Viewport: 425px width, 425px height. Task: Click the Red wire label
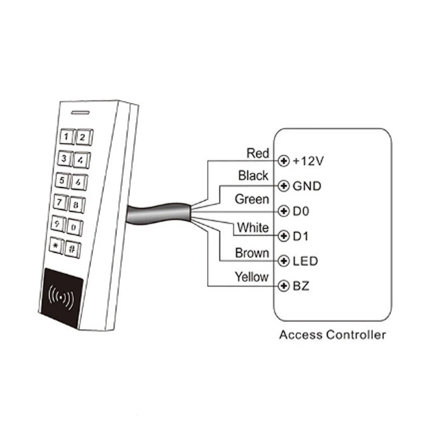258,153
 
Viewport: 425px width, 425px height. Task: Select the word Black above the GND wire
253,176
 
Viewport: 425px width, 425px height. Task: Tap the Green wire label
252,199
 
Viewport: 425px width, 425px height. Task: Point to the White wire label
253,227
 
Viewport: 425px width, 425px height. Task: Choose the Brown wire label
252,253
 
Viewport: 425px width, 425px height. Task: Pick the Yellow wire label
252,277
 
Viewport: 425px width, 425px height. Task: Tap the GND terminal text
307,186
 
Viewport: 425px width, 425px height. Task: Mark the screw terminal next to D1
282,236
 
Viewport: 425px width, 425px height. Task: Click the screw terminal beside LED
282,261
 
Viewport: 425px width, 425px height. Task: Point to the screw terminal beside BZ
282,286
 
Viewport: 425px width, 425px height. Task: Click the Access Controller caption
332,335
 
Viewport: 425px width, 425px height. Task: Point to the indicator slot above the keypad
79,113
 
